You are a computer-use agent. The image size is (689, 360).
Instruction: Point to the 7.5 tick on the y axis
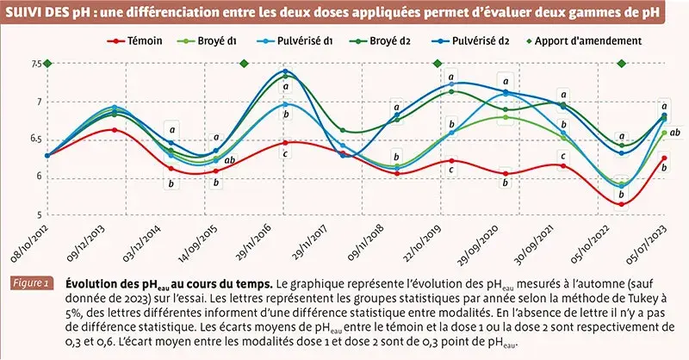click(x=37, y=64)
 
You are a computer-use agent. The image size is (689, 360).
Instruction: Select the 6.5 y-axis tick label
click(x=37, y=139)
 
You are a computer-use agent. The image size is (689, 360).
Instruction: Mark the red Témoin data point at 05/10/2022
click(x=621, y=203)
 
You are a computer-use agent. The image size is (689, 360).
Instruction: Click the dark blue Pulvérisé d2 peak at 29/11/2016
click(x=286, y=71)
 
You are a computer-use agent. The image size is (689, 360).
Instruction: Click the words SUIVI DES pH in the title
click(x=43, y=12)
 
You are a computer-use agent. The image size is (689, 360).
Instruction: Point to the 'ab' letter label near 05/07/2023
click(x=676, y=132)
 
